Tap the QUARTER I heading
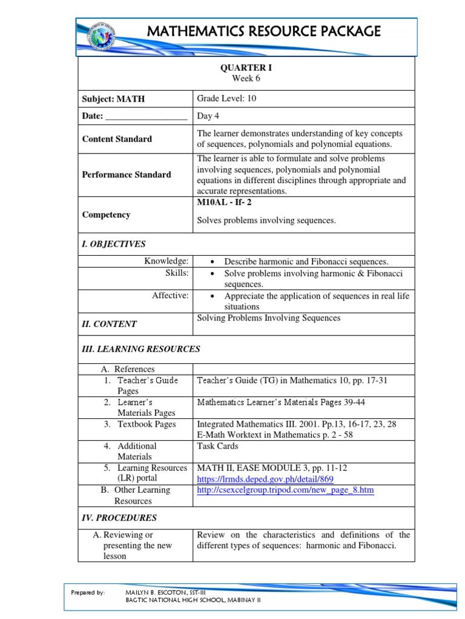pos(246,68)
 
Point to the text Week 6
pos(246,79)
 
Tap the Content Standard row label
pos(117,139)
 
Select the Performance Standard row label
pos(127,175)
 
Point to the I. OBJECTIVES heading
pos(114,244)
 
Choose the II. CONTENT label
pos(110,324)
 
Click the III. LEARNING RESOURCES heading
pos(141,349)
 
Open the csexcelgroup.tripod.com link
pos(286,490)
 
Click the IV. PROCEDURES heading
pos(119,517)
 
